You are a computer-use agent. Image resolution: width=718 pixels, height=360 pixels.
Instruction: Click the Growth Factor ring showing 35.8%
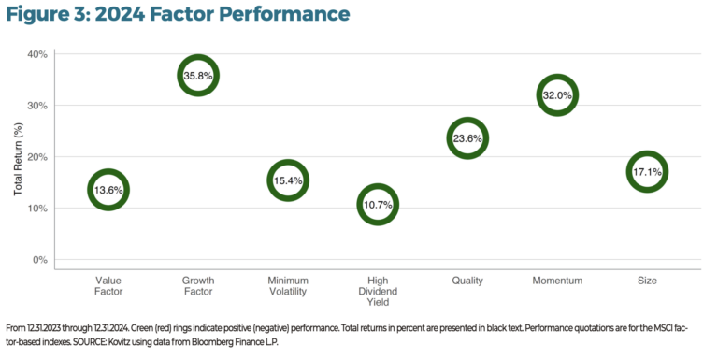tap(198, 76)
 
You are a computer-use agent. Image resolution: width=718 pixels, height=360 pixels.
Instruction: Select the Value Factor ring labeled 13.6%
tap(108, 190)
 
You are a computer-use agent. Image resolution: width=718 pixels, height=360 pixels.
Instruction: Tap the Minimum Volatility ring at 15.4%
tap(288, 180)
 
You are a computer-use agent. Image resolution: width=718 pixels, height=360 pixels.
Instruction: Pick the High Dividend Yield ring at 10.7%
tap(378, 204)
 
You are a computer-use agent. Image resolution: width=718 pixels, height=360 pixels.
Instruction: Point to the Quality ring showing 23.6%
tap(467, 138)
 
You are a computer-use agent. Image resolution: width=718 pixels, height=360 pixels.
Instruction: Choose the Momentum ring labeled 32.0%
tap(557, 95)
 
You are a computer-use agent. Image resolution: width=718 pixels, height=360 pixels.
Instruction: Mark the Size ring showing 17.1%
tap(647, 172)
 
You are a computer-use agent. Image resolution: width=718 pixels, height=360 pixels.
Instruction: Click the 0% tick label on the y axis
tap(39, 260)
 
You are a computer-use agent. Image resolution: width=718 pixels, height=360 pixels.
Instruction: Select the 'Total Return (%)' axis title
tap(18, 157)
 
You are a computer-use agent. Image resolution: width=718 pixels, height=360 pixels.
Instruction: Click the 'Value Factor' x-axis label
tap(108, 286)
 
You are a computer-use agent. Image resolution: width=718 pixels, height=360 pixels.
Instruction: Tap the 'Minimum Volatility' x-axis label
tap(288, 286)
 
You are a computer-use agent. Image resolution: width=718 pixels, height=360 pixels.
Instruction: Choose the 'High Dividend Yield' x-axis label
tap(378, 292)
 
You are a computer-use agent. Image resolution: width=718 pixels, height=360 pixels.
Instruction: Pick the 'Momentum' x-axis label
tap(557, 281)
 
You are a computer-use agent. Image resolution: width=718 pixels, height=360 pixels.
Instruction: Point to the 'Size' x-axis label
tap(647, 281)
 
